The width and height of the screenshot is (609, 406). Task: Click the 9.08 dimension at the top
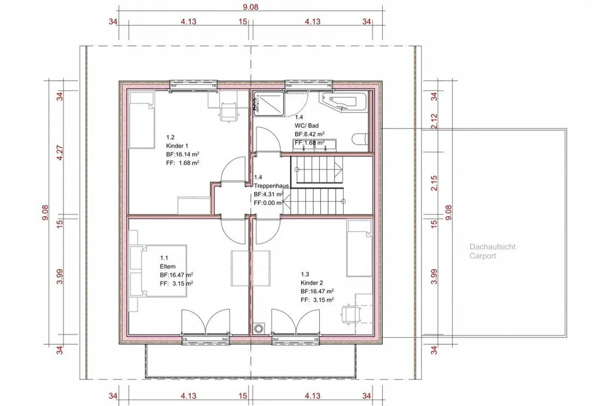(250, 7)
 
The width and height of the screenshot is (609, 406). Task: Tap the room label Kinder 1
(177, 146)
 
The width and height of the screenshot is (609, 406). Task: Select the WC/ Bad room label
(307, 125)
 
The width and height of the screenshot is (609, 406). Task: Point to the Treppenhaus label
(271, 186)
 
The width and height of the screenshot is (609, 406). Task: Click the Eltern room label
(167, 266)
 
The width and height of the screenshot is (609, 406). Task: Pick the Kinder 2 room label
(312, 283)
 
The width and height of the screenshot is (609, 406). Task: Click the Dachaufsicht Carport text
(492, 251)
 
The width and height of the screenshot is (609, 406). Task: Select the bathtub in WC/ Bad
(343, 102)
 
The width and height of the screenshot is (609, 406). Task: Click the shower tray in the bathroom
(269, 103)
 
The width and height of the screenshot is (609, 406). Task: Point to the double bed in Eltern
(158, 271)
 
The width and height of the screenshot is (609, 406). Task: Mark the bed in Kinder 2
(359, 248)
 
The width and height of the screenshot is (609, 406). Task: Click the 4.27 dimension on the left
(60, 153)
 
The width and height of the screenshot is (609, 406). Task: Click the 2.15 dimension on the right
(434, 183)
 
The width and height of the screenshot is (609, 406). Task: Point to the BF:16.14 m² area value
(182, 154)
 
